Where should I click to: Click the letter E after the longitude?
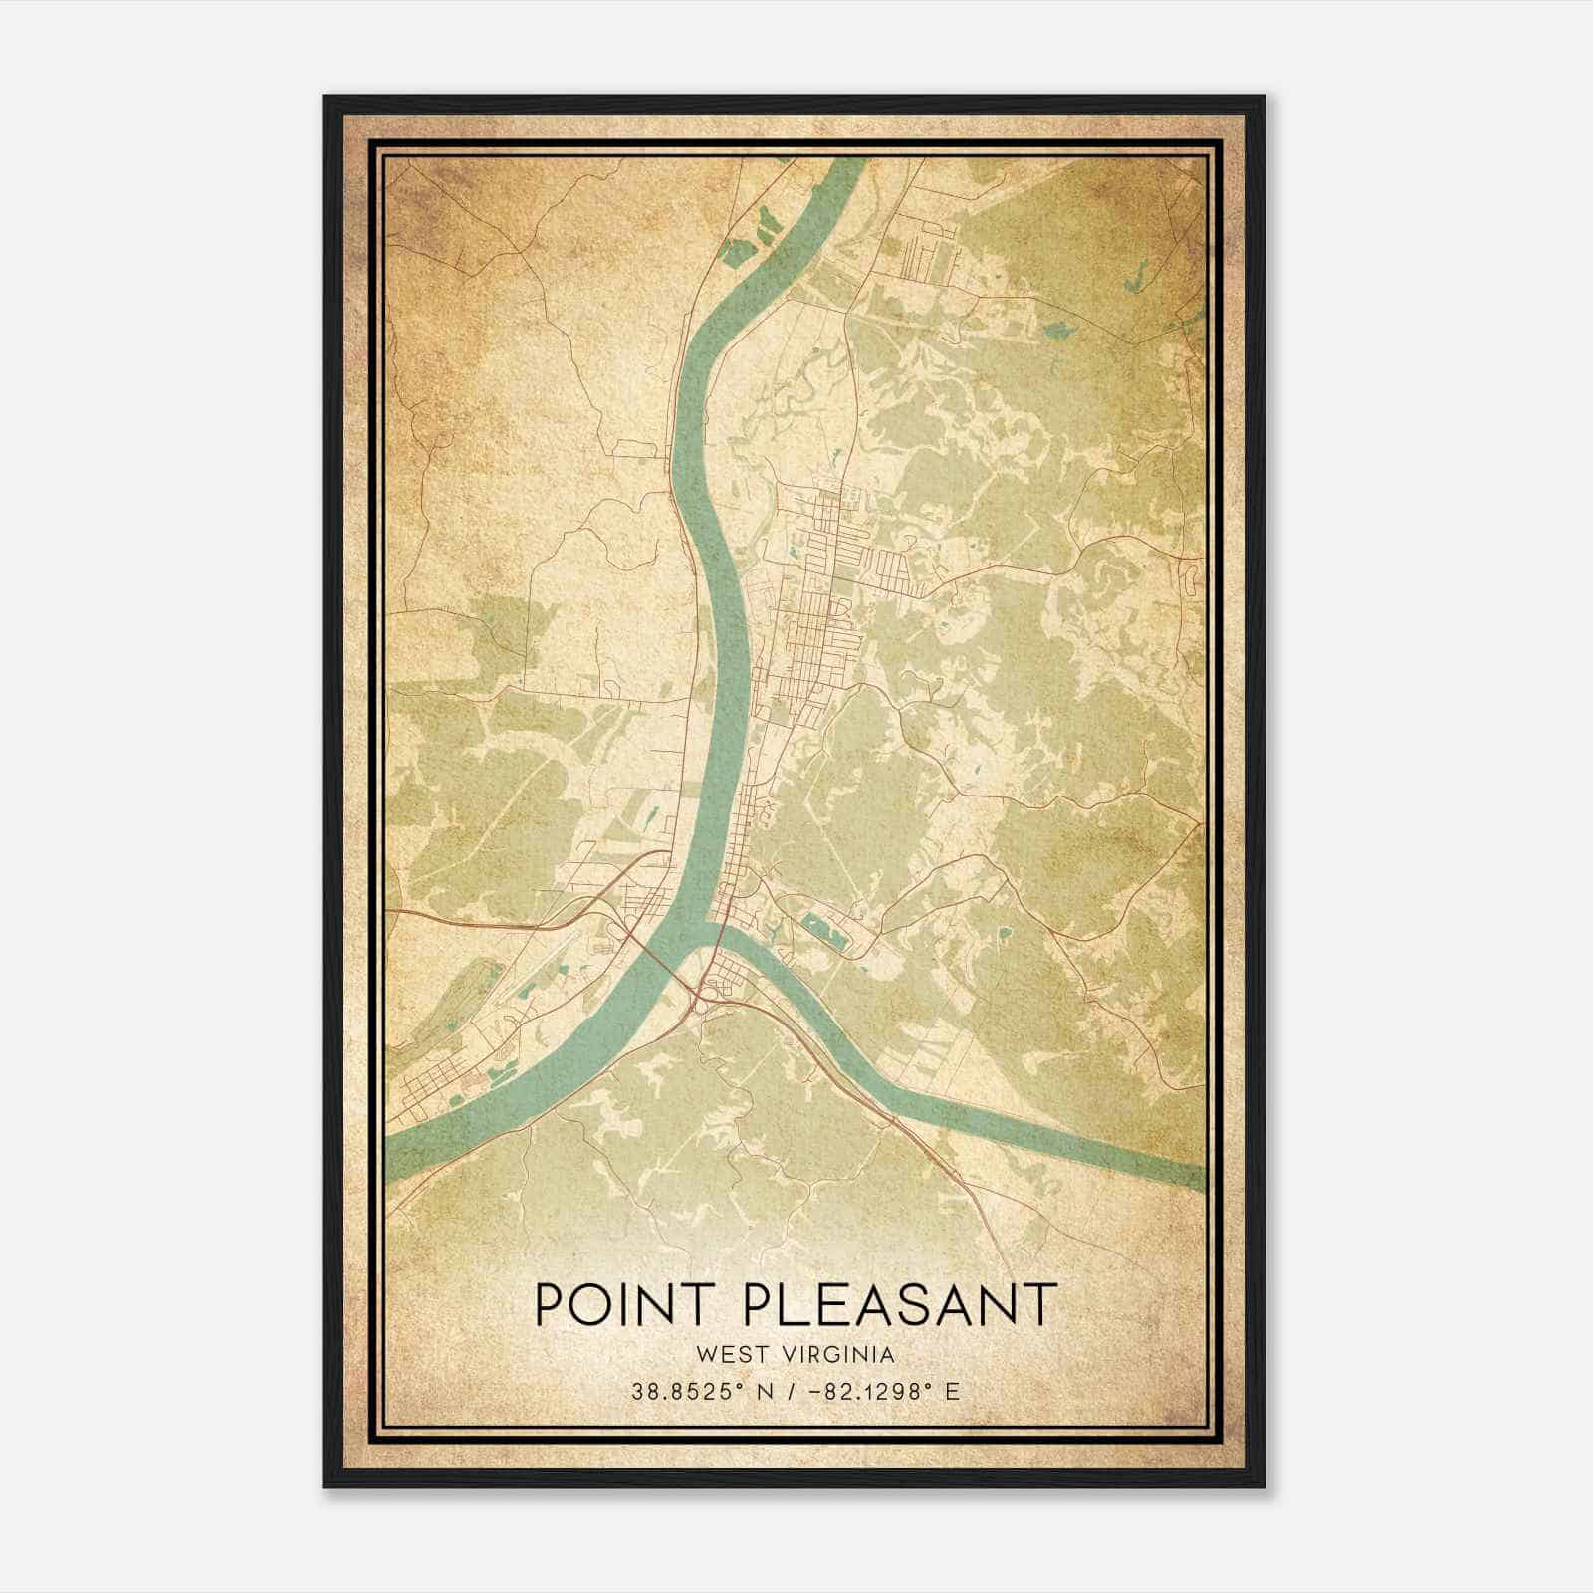click(952, 1392)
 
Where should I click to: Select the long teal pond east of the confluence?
click(822, 931)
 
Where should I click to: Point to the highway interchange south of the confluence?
click(709, 992)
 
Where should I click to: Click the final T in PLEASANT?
click(1040, 1304)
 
